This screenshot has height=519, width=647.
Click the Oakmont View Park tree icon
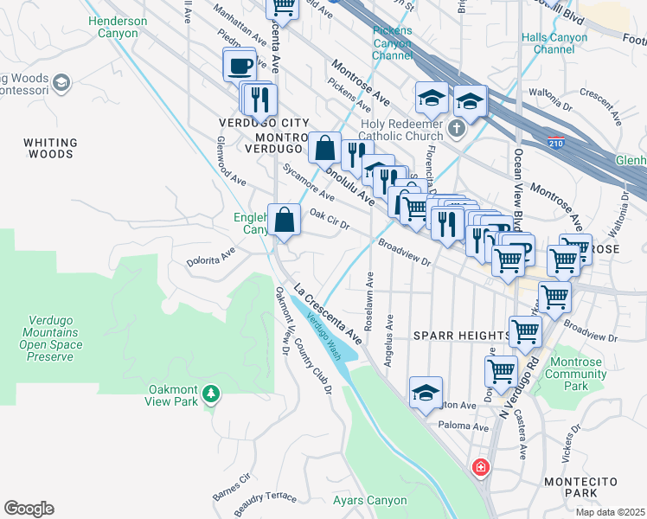coord(209,395)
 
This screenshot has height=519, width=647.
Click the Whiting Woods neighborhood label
coord(50,148)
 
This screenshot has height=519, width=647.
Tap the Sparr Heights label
coord(462,336)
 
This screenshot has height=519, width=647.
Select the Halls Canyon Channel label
coord(554,42)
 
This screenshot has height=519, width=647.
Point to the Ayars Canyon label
coord(369,500)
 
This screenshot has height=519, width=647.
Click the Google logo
coord(29,509)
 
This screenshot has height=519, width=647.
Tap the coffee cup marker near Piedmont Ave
coord(240,65)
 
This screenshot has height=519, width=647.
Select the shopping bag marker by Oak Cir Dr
coord(284,221)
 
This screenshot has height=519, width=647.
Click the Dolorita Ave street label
coord(212,257)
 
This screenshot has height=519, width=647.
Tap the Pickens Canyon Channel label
coord(393,43)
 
